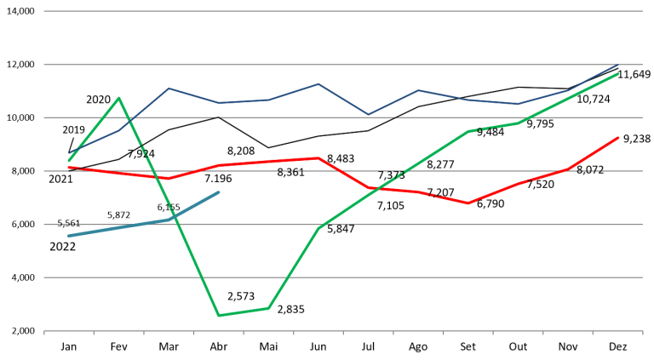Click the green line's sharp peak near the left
point(119,97)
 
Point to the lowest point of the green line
point(219,316)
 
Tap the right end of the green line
point(618,74)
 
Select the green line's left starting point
point(69,160)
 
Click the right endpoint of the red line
point(618,137)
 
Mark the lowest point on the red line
point(468,203)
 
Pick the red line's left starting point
point(69,168)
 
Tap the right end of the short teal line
point(219,192)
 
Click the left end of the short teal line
point(69,236)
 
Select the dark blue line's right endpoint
point(618,64)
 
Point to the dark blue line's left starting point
point(69,153)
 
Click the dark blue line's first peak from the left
point(169,89)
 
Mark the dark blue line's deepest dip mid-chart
point(368,114)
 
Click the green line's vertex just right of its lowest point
point(268,308)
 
